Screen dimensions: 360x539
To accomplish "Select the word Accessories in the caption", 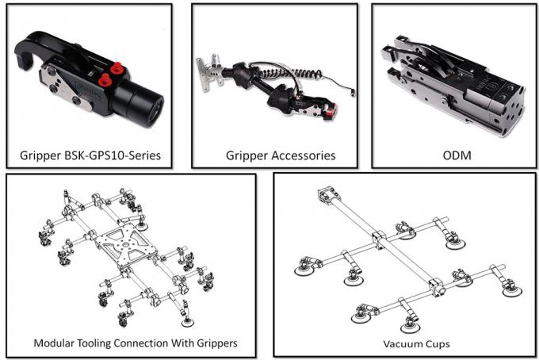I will point(304,154).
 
